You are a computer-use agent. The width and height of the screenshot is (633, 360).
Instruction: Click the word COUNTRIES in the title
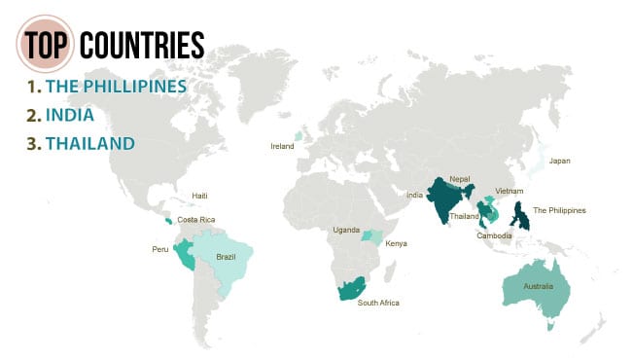[x=142, y=45]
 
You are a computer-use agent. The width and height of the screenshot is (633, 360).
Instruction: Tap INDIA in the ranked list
[x=69, y=116]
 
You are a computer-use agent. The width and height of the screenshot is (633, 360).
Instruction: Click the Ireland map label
[x=282, y=146]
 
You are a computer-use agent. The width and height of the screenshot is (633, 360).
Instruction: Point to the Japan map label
[x=560, y=161]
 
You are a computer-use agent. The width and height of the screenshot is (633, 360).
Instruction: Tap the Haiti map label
[x=200, y=196]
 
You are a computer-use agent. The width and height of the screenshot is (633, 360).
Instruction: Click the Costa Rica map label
[x=195, y=220]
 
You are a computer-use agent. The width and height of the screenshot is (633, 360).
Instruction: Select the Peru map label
[x=159, y=250]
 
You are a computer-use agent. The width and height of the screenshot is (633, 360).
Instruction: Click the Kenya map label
[x=397, y=242]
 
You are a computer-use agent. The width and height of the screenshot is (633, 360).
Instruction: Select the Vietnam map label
[x=510, y=191]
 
